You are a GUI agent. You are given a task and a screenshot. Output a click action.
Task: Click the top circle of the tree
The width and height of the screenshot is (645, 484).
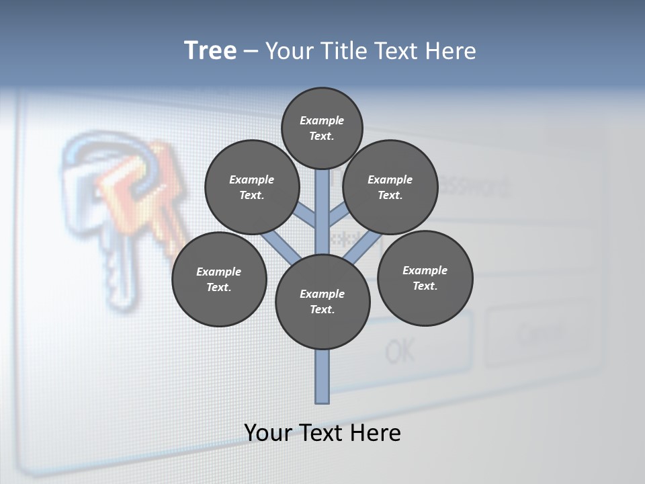click(x=322, y=128)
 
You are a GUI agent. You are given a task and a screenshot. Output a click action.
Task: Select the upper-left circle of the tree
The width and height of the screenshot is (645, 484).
click(x=251, y=187)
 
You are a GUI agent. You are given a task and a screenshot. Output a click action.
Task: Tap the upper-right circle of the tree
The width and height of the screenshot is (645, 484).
click(x=390, y=187)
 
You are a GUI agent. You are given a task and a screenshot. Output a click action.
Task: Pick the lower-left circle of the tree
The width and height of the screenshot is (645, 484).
click(x=219, y=279)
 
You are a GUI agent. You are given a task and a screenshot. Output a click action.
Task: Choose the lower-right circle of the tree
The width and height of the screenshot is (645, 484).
click(x=425, y=278)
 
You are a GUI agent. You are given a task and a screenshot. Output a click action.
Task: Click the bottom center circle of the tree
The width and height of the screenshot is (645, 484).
click(x=322, y=302)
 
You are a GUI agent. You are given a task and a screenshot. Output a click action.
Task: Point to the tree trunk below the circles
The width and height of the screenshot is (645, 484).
click(x=322, y=376)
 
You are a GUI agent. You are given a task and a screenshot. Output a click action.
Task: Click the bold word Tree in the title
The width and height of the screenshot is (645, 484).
click(x=210, y=51)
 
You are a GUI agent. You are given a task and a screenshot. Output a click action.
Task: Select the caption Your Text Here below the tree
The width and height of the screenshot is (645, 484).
click(x=322, y=433)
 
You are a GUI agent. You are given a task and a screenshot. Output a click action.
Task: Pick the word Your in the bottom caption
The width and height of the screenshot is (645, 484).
click(x=267, y=433)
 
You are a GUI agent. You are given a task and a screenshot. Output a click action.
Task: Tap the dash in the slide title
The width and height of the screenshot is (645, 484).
click(x=251, y=51)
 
